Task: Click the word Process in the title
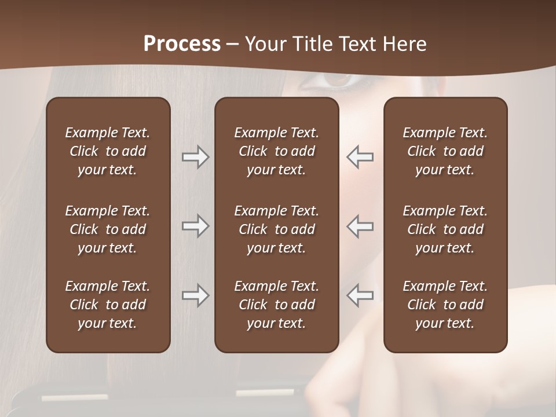pos(182,43)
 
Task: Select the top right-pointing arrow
pos(195,157)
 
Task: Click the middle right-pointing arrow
pos(195,226)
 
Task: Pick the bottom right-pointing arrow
pos(195,295)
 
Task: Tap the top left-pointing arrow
pos(360,157)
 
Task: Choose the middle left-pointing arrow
pos(360,226)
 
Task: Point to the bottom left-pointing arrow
pos(360,295)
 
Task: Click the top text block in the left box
pos(108,151)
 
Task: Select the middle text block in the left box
pos(108,229)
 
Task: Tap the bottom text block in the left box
pos(108,305)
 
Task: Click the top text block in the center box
pos(277,151)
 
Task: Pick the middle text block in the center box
pos(277,229)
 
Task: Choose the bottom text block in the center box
pos(277,305)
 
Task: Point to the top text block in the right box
pos(445,151)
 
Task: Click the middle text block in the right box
pos(445,229)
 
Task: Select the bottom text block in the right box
pos(445,305)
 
